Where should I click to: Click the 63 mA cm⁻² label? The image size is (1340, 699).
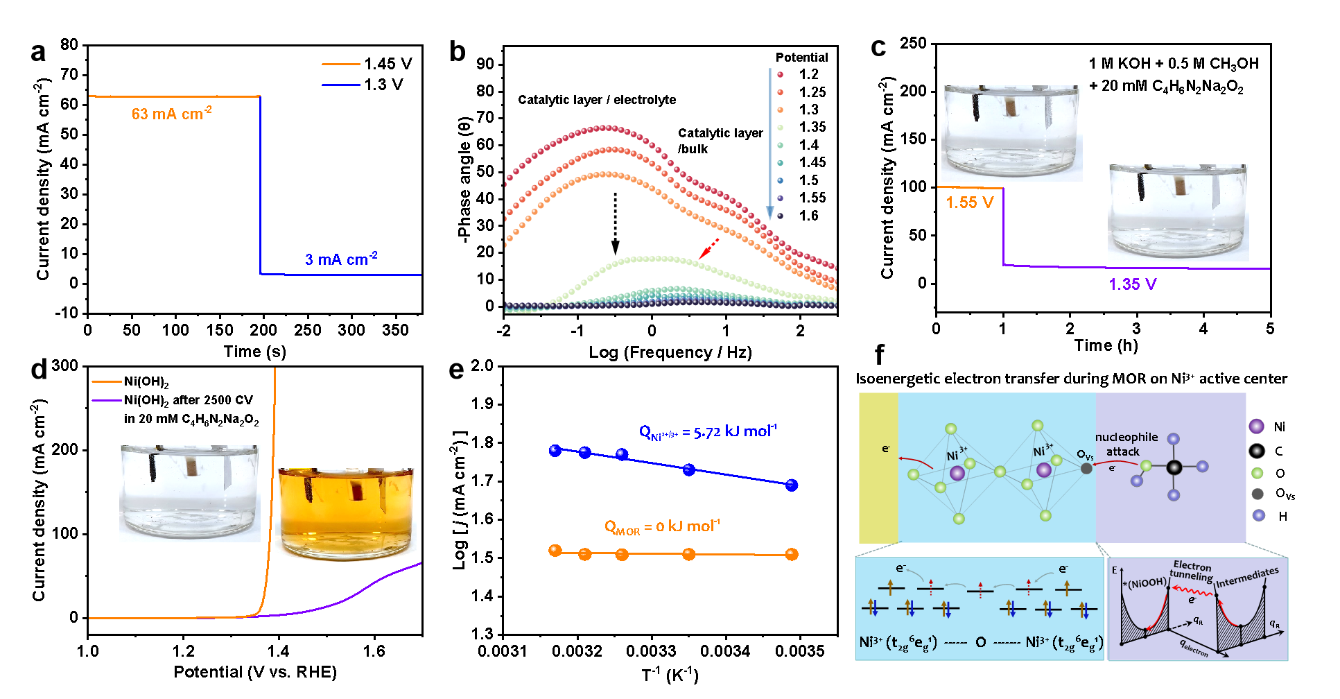pos(171,114)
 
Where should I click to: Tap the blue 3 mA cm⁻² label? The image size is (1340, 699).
pos(341,259)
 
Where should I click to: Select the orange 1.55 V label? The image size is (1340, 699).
pos(969,202)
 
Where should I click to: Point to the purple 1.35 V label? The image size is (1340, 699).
pos(1132,284)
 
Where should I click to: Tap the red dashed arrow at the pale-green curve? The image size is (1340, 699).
pos(708,250)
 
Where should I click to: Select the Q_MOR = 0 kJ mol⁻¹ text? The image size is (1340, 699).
pos(662,527)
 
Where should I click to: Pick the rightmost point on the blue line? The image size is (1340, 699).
pos(792,485)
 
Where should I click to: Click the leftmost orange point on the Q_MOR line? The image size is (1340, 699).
pos(555,551)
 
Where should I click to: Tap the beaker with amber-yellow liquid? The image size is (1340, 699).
pos(346,515)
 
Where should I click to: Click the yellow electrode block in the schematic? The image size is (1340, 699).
pos(878,467)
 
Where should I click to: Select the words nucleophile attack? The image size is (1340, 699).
pos(1126,444)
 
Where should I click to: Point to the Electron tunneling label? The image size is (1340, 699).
pos(1192,571)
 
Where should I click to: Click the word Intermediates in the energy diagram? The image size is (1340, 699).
pos(1247,577)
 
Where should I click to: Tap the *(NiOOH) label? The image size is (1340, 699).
pos(1145,583)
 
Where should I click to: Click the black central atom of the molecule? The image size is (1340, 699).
pos(1174,467)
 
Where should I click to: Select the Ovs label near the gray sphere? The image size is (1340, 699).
pos(1085,455)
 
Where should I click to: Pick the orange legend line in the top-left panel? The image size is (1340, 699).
pos(340,64)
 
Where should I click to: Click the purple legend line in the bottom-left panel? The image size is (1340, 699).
pos(107,400)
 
